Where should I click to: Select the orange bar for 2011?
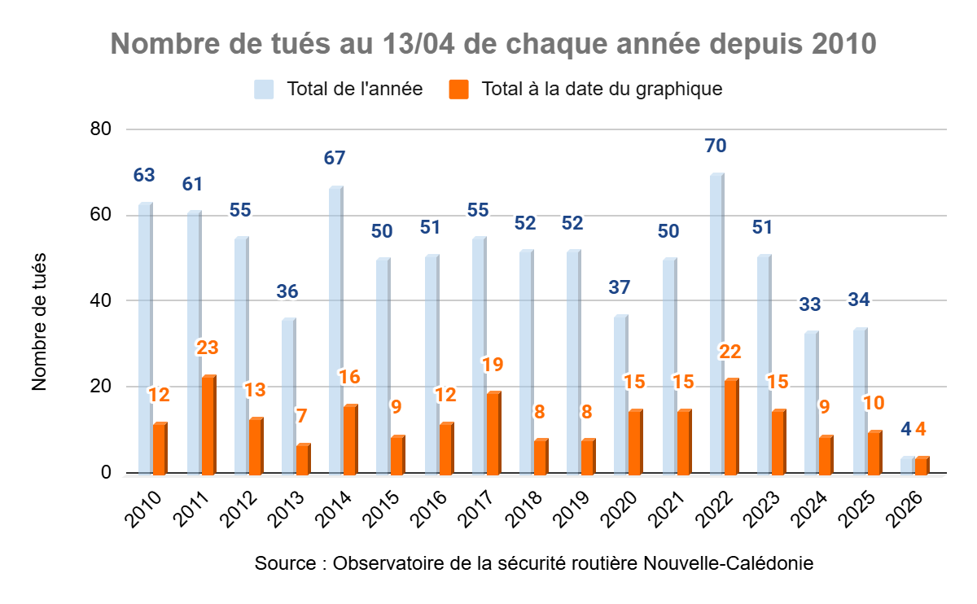point(208,425)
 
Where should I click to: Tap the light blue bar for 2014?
point(335,330)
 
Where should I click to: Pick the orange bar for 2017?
point(493,433)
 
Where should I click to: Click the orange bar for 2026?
point(922,466)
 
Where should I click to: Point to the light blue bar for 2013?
point(288,396)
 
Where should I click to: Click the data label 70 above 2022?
point(716,147)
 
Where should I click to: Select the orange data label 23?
point(208,348)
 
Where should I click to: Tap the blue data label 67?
point(335,158)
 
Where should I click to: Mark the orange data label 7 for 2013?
point(302,416)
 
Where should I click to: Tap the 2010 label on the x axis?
point(145,510)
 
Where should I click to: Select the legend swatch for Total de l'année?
point(264,89)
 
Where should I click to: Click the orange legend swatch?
point(460,89)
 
